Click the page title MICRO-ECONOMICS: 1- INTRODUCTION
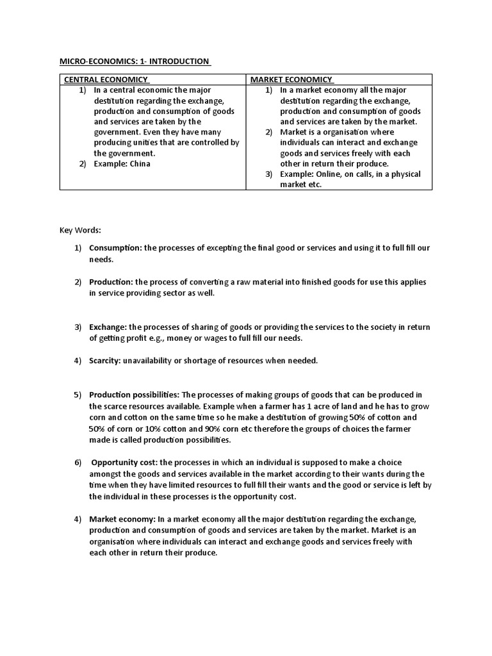point(135,61)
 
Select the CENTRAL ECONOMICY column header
point(105,79)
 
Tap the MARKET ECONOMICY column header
point(291,79)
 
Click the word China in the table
point(140,164)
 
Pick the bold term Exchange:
point(108,327)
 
